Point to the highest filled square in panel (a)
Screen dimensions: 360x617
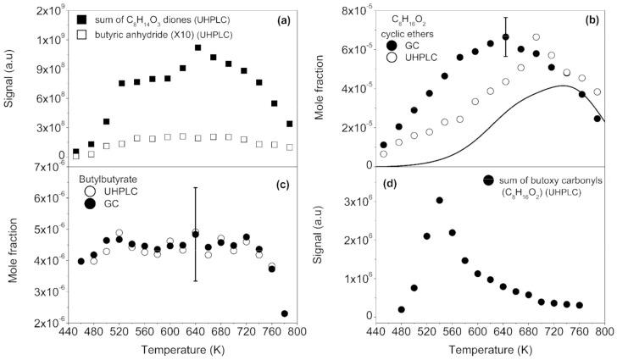[x=197, y=47]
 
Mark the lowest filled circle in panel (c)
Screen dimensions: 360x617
[x=285, y=313]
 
